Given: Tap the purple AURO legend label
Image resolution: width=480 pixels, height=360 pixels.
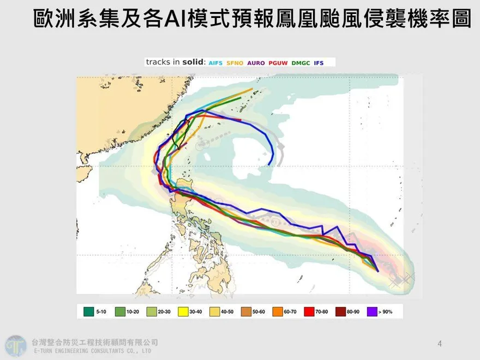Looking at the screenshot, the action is coord(256,63).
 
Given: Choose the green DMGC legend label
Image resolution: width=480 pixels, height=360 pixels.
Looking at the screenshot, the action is coord(301,63).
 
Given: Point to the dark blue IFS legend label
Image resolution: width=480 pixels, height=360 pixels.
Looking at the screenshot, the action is coord(319,63).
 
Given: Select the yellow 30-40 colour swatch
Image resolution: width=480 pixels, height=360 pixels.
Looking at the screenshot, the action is coord(183,311).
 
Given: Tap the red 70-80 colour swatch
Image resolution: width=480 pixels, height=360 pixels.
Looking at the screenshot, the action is coord(309,311).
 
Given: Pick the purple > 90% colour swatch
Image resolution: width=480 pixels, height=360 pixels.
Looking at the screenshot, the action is coord(373,311).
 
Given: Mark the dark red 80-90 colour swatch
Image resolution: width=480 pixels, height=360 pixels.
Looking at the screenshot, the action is coord(340,311).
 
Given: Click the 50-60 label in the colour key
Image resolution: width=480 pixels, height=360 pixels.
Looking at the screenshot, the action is coord(259,311).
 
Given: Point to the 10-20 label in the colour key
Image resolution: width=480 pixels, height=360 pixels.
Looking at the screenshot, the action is coord(133,311).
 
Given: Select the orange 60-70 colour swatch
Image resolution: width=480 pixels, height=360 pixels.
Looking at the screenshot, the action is coord(278,311).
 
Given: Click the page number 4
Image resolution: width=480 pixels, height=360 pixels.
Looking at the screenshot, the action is coord(440,344).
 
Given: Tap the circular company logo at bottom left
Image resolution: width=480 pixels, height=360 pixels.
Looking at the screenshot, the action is coord(16,346).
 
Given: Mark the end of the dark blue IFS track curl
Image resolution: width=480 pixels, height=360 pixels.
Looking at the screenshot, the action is coord(270,163).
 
